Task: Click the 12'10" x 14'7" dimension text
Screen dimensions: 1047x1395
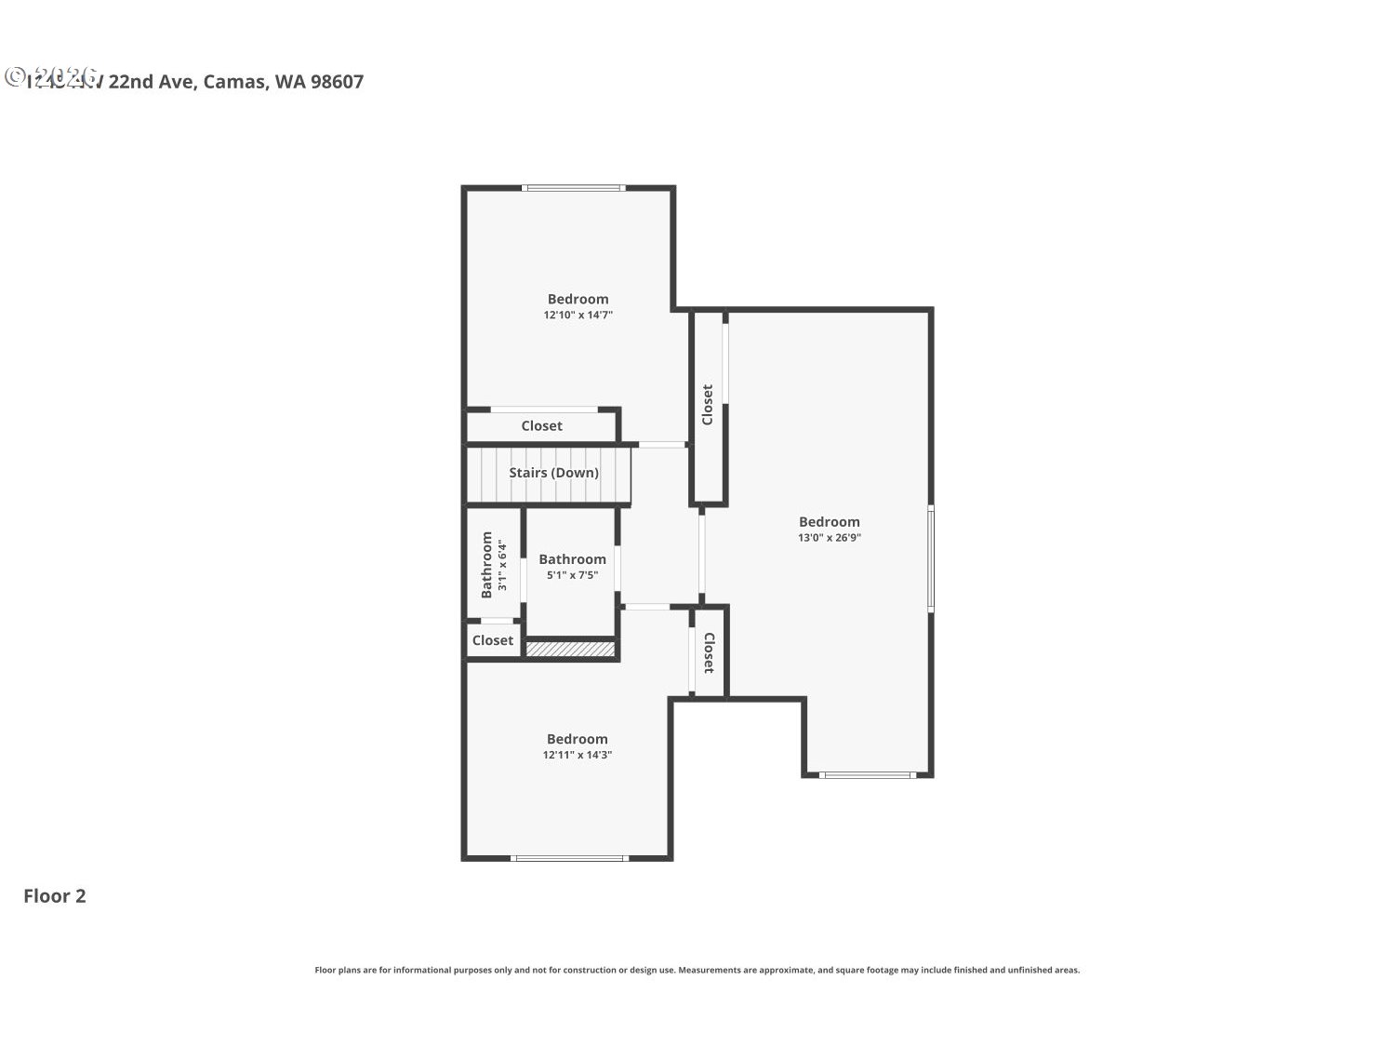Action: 578,315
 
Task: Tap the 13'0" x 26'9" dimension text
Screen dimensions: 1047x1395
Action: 829,538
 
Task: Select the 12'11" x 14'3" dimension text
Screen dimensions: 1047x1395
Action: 577,755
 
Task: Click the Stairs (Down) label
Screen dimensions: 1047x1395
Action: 553,473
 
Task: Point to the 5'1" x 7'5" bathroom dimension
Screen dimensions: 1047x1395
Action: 572,575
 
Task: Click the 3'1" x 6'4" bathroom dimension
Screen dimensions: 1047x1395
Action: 502,565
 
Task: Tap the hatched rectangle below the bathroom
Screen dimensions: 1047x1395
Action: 571,649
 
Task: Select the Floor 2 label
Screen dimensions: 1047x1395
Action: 55,896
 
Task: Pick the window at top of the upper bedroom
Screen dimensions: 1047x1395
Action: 573,188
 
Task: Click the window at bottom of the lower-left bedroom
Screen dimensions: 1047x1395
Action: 568,858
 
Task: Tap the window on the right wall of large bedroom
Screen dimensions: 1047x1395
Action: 930,559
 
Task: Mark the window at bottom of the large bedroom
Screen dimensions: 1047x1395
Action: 867,774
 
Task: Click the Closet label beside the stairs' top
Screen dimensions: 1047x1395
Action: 541,426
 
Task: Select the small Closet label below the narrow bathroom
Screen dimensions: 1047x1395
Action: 492,640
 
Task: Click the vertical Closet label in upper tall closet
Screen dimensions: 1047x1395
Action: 708,405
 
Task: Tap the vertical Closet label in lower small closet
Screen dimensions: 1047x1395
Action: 709,652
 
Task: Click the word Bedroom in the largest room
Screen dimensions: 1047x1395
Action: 829,522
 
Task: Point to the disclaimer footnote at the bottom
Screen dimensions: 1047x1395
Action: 697,970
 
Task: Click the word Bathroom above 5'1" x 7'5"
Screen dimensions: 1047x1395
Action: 572,559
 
